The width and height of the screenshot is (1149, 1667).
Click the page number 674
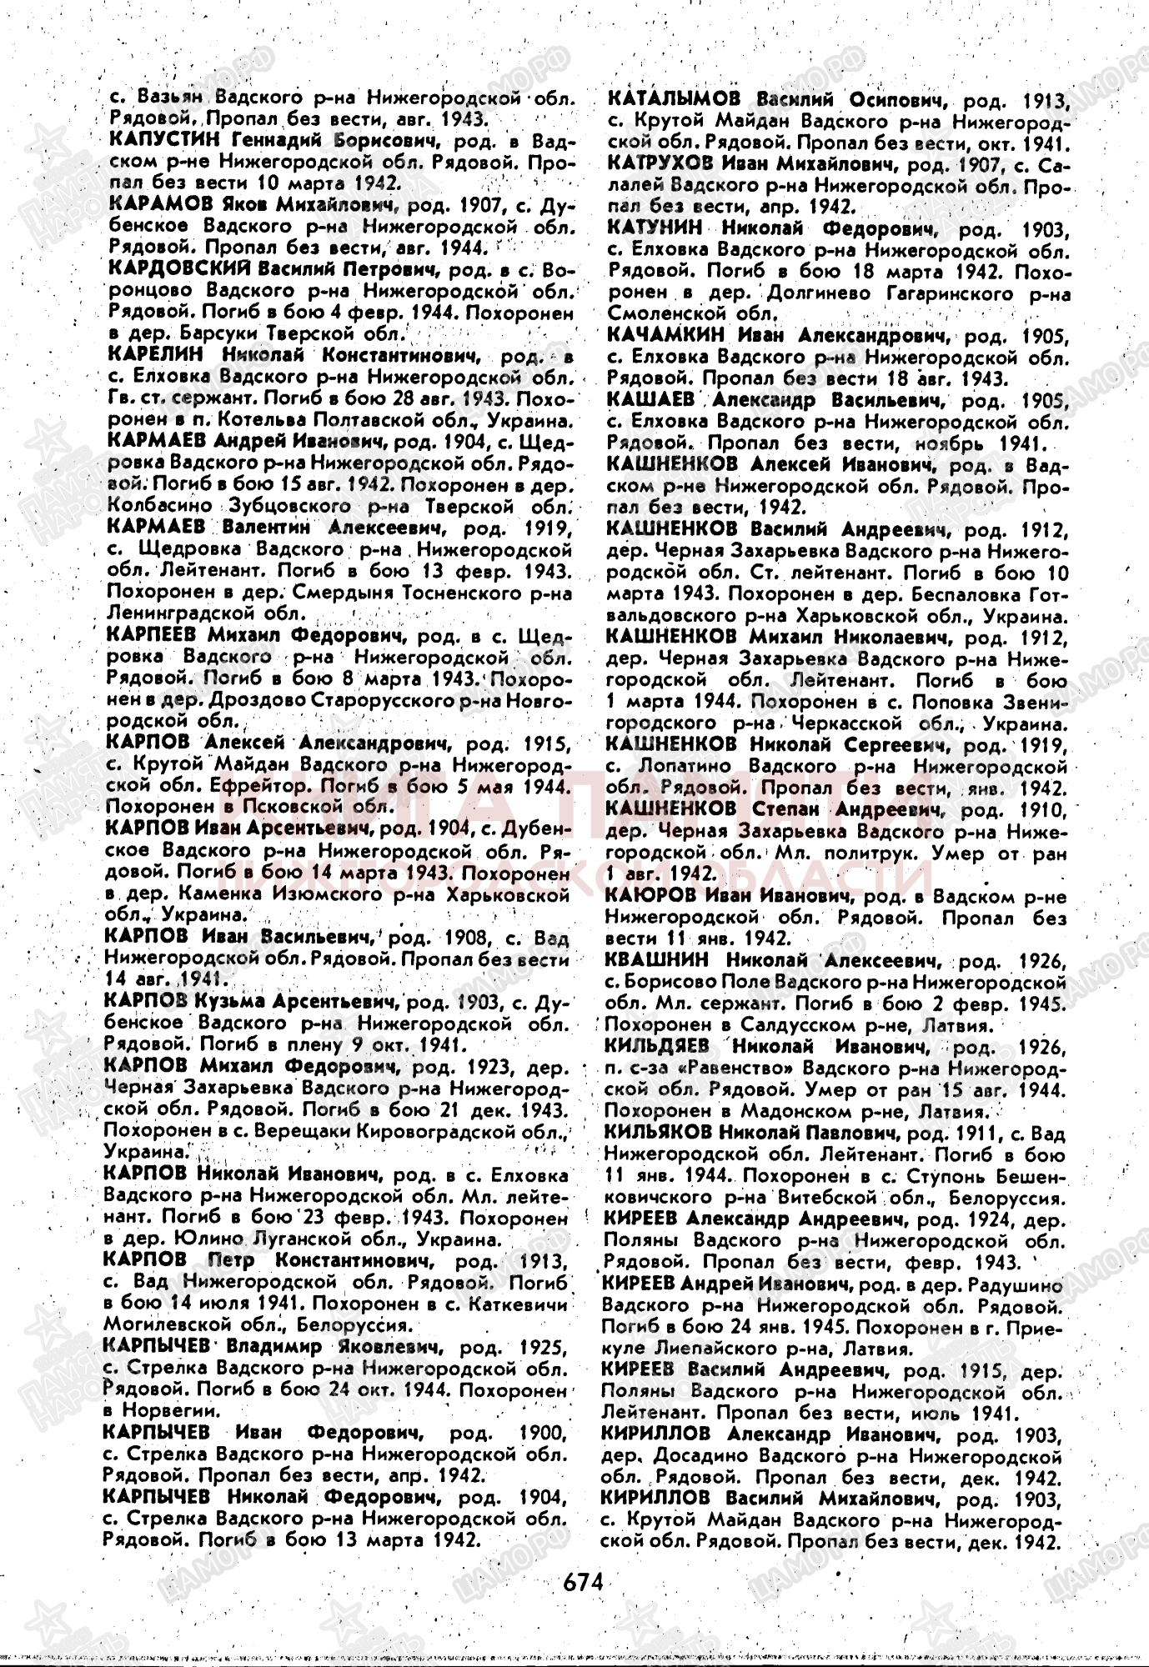(x=583, y=1579)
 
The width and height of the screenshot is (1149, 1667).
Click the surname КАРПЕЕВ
(x=153, y=636)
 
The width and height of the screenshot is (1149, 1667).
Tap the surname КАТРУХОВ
(x=665, y=163)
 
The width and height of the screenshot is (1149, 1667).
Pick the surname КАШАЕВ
(x=650, y=400)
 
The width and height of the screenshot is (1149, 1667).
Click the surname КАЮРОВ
(x=650, y=896)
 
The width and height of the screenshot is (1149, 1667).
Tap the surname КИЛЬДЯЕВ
(x=661, y=1046)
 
